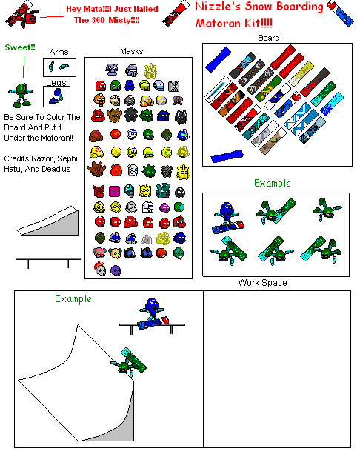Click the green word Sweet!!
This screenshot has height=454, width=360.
click(20, 48)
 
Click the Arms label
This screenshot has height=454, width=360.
click(59, 53)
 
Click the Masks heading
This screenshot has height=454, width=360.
click(131, 52)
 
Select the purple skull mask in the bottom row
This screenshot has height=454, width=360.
click(115, 270)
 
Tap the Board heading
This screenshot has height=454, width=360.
click(269, 38)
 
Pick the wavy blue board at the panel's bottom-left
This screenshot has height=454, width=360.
click(225, 157)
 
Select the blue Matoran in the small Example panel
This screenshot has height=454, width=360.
click(227, 213)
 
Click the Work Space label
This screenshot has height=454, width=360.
click(262, 283)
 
